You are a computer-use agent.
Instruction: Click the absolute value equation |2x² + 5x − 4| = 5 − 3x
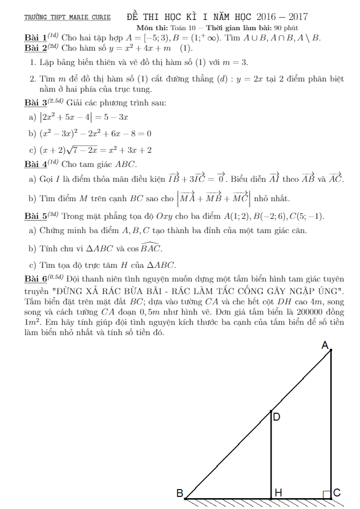tap(84, 117)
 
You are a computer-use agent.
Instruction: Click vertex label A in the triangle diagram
tap(325, 345)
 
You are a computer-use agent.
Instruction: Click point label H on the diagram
tap(278, 492)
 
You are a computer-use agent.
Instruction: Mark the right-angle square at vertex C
tap(326, 494)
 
